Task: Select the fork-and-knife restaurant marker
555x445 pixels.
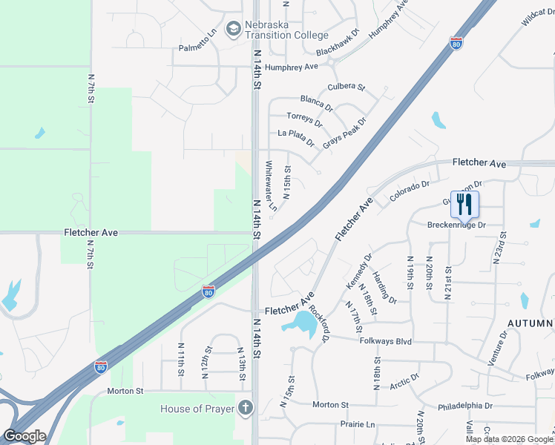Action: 464,204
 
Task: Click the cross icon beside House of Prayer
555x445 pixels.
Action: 246,408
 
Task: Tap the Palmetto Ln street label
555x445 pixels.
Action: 197,48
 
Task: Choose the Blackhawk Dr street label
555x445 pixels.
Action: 337,43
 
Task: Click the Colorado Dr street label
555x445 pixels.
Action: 410,192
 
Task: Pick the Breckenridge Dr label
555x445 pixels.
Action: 456,224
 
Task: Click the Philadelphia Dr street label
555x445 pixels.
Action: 465,406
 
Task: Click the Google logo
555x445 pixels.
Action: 24,436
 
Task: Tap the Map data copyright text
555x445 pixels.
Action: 508,439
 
